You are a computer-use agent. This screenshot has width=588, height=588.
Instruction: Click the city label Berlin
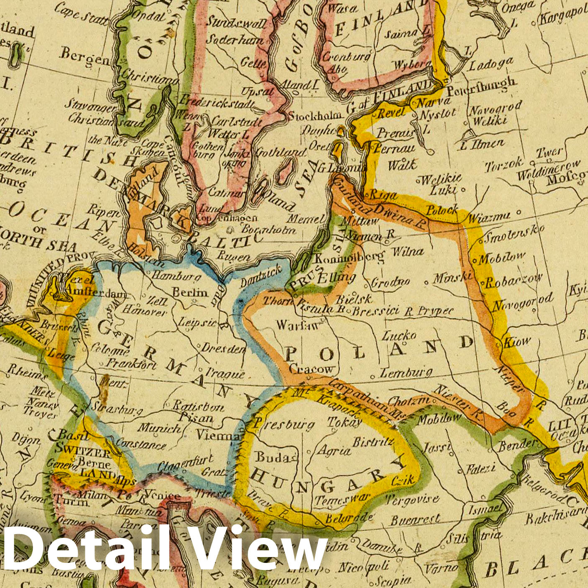pyautogui.click(x=190, y=292)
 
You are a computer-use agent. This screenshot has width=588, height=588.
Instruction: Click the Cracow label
pyautogui.click(x=312, y=369)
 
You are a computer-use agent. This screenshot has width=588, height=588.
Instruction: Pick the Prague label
pyautogui.click(x=225, y=373)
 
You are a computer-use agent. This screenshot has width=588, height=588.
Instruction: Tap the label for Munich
pyautogui.click(x=159, y=428)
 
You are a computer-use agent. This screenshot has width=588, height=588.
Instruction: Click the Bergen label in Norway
pyautogui.click(x=84, y=57)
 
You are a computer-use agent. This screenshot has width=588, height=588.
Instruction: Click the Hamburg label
pyautogui.click(x=176, y=276)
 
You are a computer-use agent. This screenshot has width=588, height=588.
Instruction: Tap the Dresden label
pyautogui.click(x=224, y=348)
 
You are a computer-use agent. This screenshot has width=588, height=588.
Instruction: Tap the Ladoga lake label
pyautogui.click(x=490, y=64)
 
